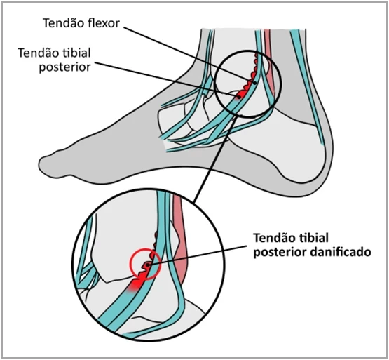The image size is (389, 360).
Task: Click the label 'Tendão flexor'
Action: pos(81,23)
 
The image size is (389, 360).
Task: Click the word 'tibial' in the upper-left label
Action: pos(76,53)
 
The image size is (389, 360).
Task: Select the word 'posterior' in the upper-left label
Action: pos(64,67)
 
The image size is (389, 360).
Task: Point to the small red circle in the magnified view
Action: pos(146,264)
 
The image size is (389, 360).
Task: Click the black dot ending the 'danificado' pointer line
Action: pos(148,265)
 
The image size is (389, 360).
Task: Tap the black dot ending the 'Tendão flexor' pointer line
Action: pos(255,83)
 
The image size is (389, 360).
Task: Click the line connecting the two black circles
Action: pos(213,160)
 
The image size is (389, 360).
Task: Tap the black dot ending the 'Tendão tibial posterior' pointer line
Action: pos(239,97)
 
